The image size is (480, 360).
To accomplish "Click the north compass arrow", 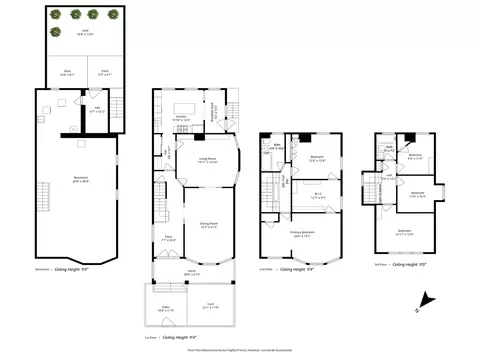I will tap(425, 298).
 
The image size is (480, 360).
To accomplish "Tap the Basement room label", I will tap(80, 180).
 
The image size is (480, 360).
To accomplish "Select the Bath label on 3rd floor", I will tap(390, 147).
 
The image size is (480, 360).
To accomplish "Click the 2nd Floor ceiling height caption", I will tap(300, 268).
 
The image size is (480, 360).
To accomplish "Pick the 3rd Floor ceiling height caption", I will tap(411, 264).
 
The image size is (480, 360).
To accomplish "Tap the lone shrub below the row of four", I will tap(56, 31).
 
